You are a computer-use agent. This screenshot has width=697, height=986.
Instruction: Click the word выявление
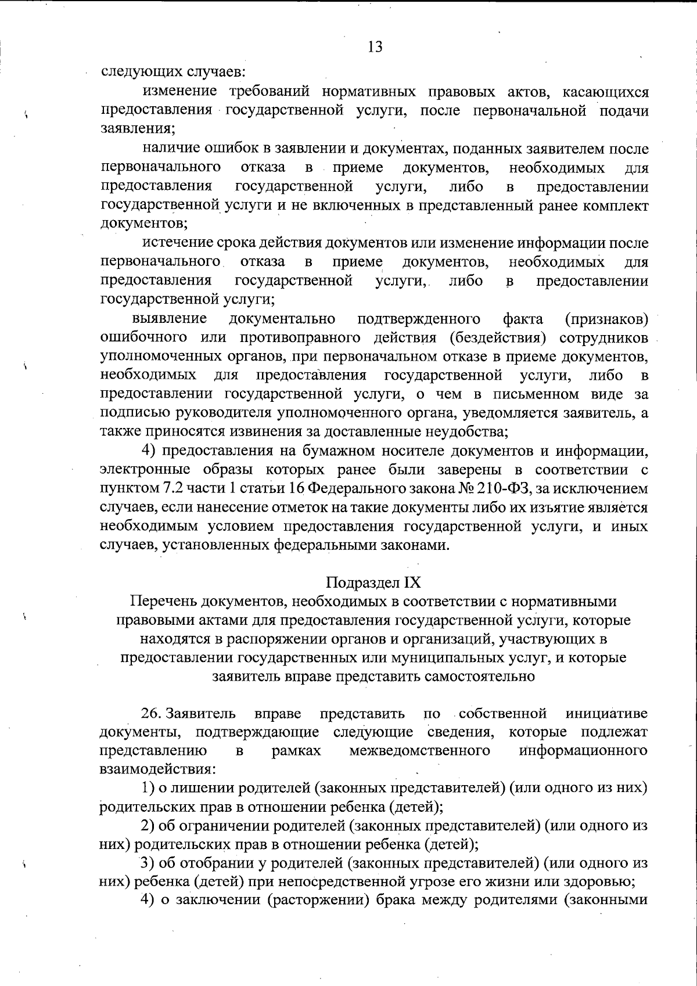click(170, 319)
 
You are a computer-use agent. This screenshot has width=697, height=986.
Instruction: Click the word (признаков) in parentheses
click(606, 319)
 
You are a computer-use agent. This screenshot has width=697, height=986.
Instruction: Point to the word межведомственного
click(419, 751)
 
